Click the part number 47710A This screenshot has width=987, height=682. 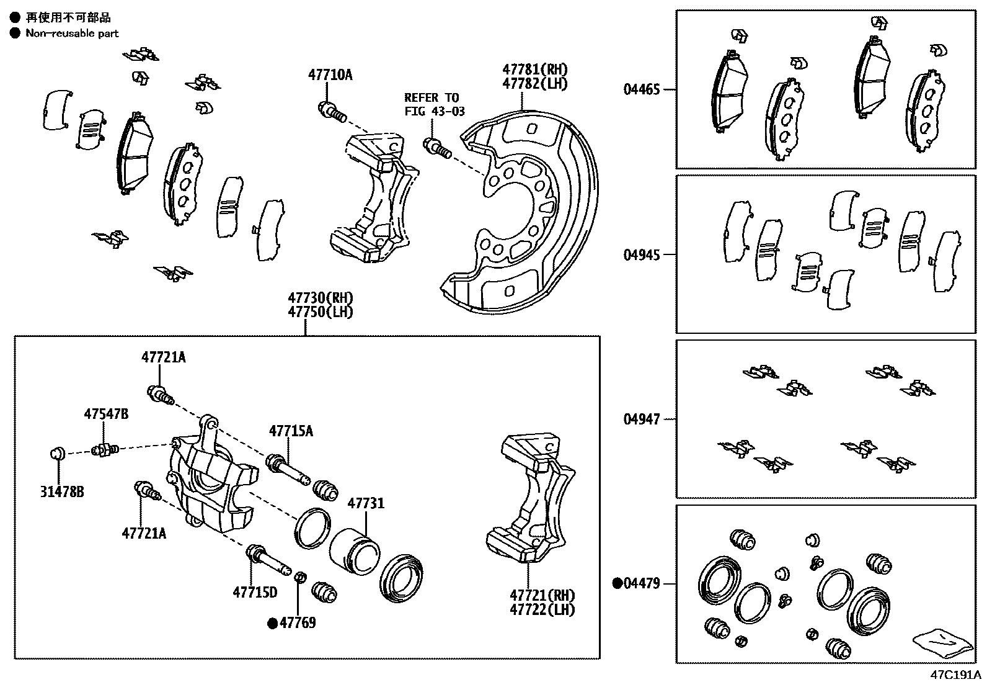coord(330,75)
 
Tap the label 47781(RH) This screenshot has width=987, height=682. coord(535,70)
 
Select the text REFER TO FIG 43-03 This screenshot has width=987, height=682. coord(432,104)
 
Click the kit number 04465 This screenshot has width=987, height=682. coord(642,89)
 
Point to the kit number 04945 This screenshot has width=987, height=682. coord(642,254)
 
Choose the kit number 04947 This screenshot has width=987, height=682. coord(642,420)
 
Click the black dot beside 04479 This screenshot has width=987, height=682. coord(617,583)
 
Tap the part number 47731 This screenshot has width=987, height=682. coord(365,503)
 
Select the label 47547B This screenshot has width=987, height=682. coord(107,414)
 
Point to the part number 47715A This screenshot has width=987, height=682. coord(291,431)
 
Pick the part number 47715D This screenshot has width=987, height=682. coord(255,592)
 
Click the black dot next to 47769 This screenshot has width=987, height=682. coord(272,623)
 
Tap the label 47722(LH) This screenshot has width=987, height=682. coord(542,610)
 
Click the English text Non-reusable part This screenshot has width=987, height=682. coord(72,34)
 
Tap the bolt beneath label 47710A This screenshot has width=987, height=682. coord(331,112)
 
